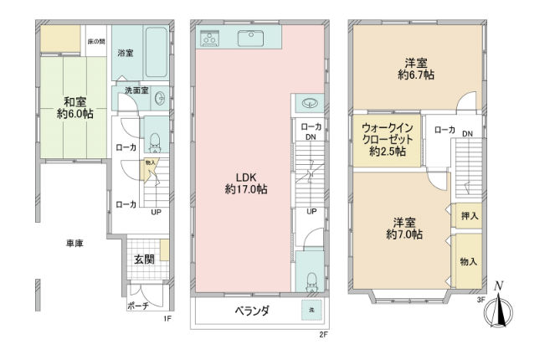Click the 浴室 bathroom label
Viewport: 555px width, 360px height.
pyautogui.click(x=126, y=53)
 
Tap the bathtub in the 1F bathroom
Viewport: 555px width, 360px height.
pyautogui.click(x=156, y=52)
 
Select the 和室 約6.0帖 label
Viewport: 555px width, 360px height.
pyautogui.click(x=75, y=108)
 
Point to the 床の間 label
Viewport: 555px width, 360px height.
pyautogui.click(x=96, y=42)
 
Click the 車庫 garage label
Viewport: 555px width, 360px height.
pyautogui.click(x=75, y=244)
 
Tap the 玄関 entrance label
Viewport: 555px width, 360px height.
pyautogui.click(x=145, y=260)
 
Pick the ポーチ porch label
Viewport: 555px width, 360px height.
pyautogui.click(x=137, y=306)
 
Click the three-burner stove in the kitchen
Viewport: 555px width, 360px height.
pyautogui.click(x=210, y=39)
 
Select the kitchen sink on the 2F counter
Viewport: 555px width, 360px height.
pyautogui.click(x=250, y=39)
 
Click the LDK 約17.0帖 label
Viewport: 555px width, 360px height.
pyautogui.click(x=246, y=183)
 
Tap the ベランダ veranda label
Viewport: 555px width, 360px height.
pyautogui.click(x=252, y=311)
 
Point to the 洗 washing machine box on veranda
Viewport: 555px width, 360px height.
pyautogui.click(x=311, y=310)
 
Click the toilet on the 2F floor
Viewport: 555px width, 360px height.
pyautogui.click(x=311, y=281)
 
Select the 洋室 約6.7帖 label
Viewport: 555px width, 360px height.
pyautogui.click(x=416, y=69)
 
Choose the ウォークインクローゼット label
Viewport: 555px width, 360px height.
pyautogui.click(x=388, y=139)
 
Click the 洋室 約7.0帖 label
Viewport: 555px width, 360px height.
pyautogui.click(x=404, y=229)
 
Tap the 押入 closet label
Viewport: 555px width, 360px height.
pyautogui.click(x=470, y=215)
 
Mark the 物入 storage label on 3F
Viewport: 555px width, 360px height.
pyautogui.click(x=469, y=261)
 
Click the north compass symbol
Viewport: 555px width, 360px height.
pyautogui.click(x=499, y=306)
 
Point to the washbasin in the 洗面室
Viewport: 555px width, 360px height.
pyautogui.click(x=160, y=98)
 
